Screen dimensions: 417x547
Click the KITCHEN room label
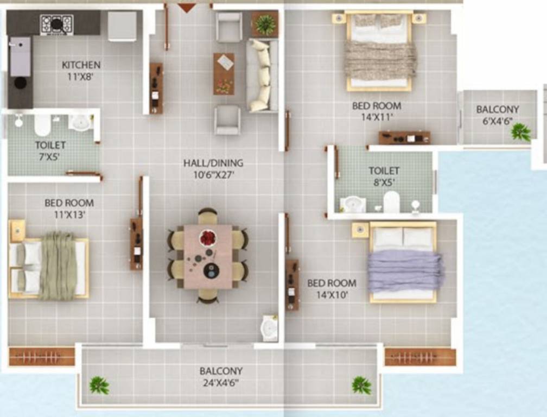81,65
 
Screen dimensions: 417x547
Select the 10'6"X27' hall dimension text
213,175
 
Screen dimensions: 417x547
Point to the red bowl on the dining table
208,238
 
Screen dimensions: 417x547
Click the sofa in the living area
261,75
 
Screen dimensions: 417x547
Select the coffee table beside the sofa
224,74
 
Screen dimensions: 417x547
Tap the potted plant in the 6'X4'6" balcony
521,132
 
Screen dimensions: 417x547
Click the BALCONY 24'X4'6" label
221,376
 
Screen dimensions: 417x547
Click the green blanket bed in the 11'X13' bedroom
57,266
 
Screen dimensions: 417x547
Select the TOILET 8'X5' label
384,176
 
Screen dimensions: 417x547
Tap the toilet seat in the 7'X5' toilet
42,125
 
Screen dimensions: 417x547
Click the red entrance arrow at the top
187,8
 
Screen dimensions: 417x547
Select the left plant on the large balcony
99,386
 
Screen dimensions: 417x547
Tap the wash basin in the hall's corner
269,327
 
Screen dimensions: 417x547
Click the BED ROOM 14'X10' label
331,288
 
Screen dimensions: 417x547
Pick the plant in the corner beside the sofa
265,24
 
